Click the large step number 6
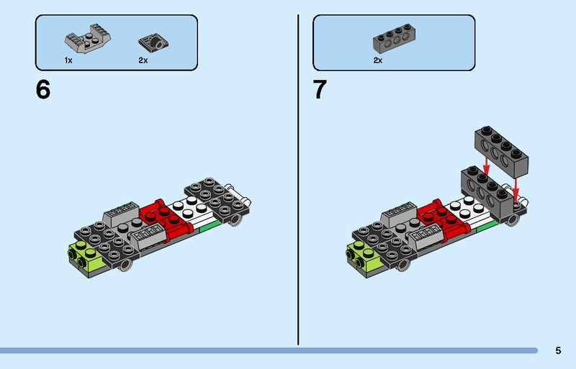44,91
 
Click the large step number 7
320,91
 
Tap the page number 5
558,351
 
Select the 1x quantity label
68,60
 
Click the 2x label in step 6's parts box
143,60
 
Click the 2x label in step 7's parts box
377,60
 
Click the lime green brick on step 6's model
86,255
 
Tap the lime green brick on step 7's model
362,255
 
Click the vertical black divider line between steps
298,180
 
